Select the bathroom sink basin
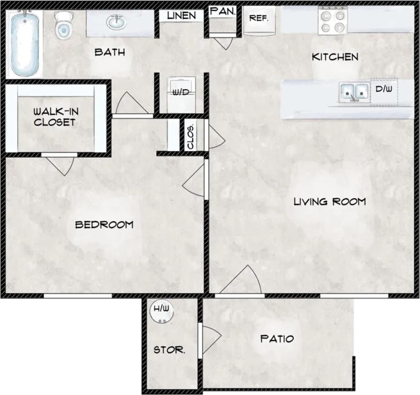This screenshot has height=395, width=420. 116,23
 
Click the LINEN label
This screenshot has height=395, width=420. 181,16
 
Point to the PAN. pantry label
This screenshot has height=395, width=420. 223,12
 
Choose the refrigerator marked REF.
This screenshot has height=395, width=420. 259,20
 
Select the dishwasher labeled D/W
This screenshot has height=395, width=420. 384,89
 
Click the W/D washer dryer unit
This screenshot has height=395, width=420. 181,93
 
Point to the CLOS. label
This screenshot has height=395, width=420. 190,137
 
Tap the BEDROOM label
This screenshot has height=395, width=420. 104,225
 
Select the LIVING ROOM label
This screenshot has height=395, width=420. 330,201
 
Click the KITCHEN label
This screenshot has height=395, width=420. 335,57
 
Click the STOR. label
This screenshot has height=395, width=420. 169,350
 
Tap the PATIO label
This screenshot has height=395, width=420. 277,339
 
